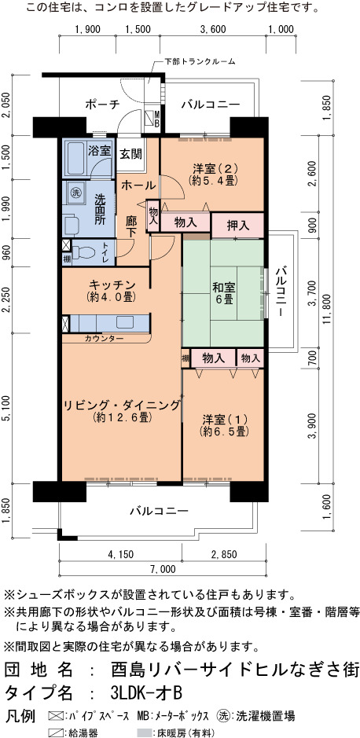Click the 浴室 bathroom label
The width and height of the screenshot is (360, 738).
click(99, 151)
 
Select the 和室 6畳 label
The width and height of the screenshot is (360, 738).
click(223, 293)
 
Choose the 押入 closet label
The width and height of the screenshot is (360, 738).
click(237, 226)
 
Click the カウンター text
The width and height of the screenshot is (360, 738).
click(105, 339)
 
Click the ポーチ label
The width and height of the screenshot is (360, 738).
click(102, 105)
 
